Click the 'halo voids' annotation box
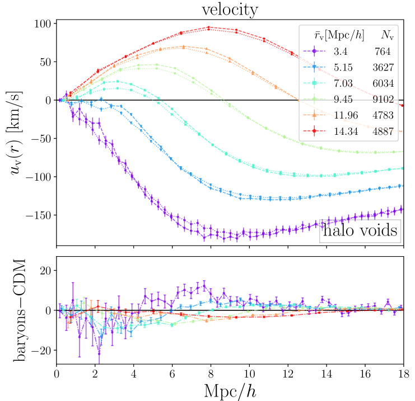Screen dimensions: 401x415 (360, 231)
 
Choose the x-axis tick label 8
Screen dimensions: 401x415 (211, 371)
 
